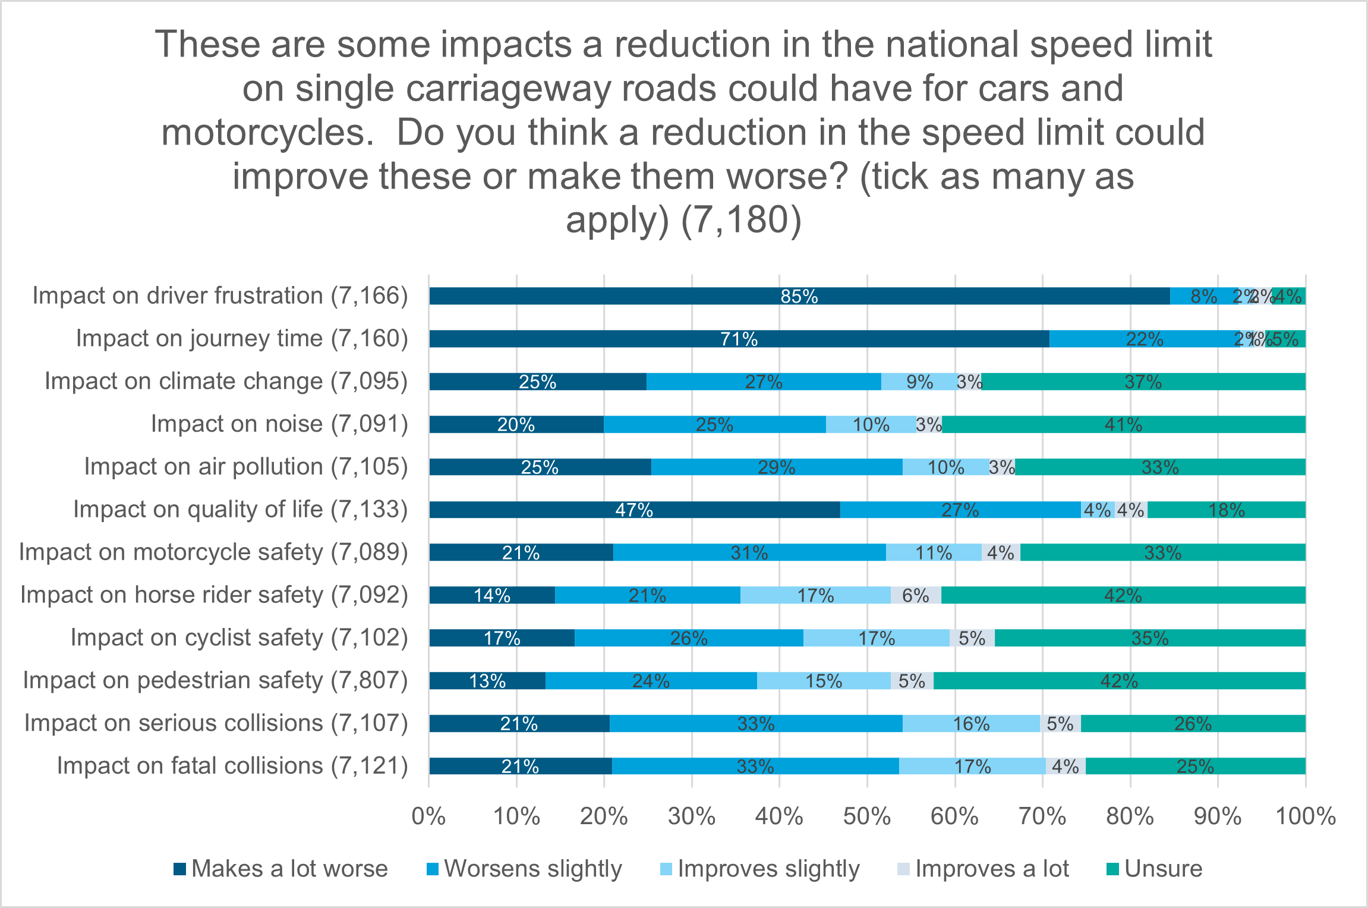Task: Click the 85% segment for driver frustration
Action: [799, 296]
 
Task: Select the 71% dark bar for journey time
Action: [739, 339]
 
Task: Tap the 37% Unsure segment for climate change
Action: [1143, 382]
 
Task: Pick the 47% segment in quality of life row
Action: [634, 510]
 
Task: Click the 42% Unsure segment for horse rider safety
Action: [1123, 595]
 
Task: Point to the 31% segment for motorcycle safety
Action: [749, 552]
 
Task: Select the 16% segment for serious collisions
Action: [971, 724]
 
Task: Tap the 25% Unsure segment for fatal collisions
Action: [1195, 766]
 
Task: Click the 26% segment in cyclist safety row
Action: [689, 638]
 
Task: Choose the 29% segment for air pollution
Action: [776, 467]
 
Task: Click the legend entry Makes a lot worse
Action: [280, 869]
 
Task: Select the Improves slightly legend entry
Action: [760, 869]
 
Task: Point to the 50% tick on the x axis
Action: [867, 816]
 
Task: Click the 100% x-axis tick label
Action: [1306, 816]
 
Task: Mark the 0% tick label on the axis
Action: [428, 816]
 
